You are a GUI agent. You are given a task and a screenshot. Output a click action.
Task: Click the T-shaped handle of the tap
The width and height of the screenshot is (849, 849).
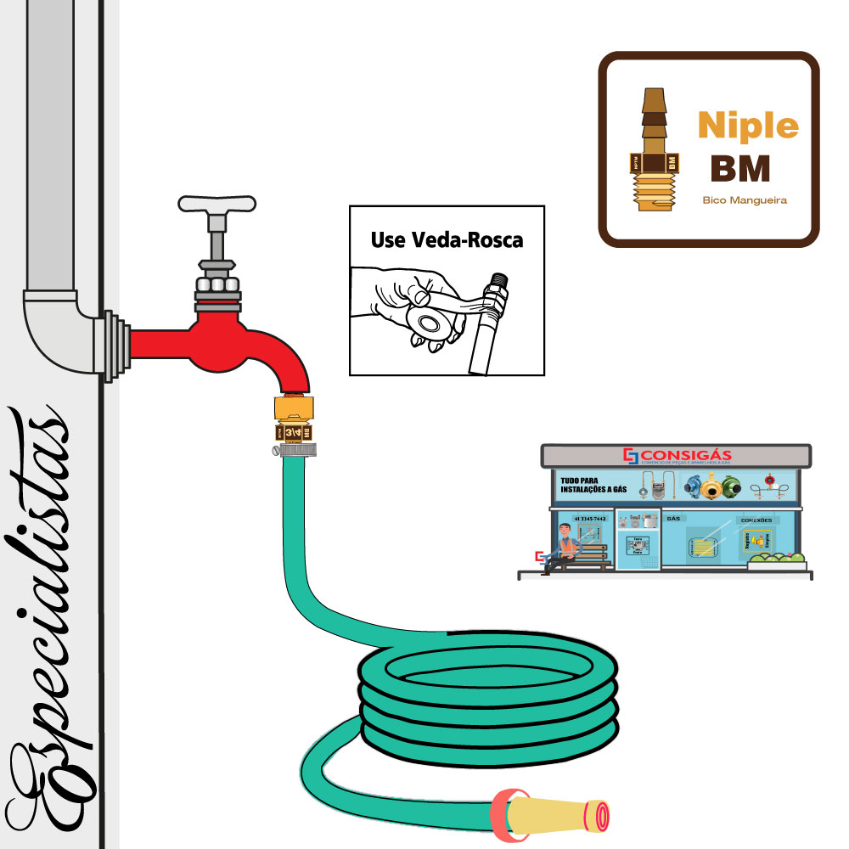(216, 204)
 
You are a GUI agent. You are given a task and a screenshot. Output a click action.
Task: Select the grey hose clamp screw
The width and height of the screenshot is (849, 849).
(277, 451)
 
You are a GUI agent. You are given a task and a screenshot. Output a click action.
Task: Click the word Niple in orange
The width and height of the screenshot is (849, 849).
(748, 127)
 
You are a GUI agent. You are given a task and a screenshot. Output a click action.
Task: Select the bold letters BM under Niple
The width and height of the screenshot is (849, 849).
(739, 169)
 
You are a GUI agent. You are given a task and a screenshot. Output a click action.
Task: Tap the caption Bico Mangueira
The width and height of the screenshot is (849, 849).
(745, 200)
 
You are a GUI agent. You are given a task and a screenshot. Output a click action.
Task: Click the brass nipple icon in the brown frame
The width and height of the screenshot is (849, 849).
(652, 149)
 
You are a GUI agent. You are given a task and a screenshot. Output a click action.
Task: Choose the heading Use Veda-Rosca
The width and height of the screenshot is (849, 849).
(447, 240)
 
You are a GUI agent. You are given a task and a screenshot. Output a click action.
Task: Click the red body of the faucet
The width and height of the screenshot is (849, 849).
(221, 344)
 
